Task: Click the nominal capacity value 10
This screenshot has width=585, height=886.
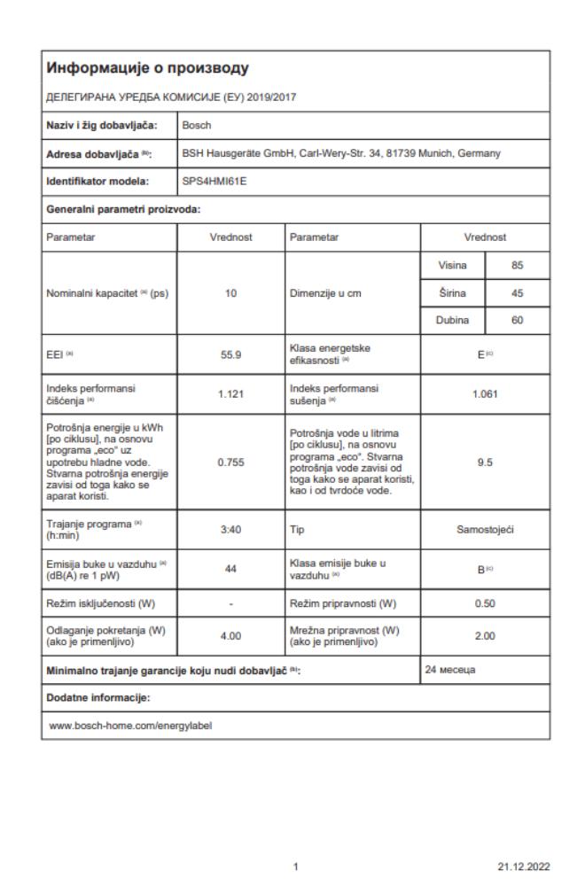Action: [x=230, y=293]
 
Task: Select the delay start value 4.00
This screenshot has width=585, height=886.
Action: [x=230, y=634]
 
